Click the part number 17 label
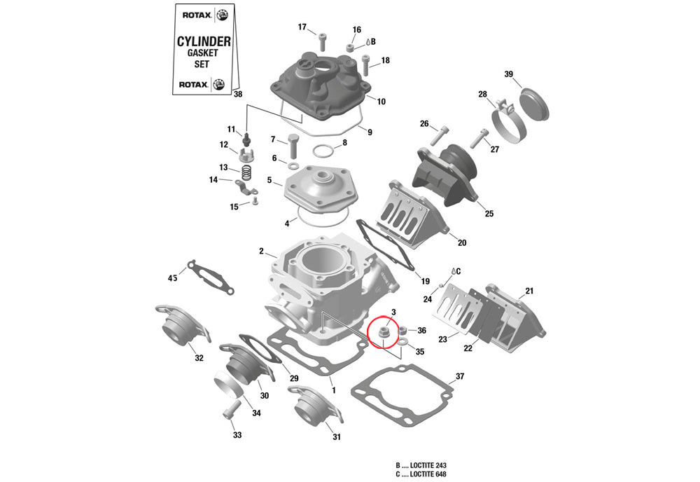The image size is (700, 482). click(302, 27)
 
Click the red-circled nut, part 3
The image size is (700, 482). click(384, 332)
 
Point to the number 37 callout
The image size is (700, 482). click(460, 377)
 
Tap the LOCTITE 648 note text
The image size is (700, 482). click(421, 475)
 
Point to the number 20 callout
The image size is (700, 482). click(462, 243)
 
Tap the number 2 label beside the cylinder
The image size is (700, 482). click(261, 251)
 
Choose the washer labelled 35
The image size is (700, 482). click(404, 342)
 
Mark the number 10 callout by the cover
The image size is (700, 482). click(381, 102)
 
